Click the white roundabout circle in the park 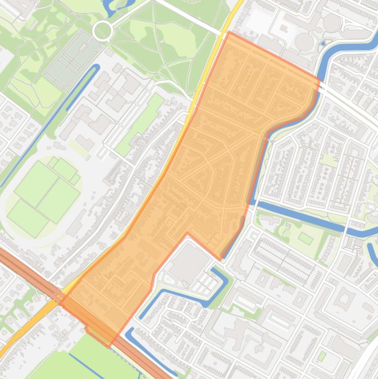102,31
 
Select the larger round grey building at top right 332,22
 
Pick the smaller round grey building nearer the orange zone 305,41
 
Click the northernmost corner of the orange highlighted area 229,32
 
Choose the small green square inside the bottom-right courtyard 321,355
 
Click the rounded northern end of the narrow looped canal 96,67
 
